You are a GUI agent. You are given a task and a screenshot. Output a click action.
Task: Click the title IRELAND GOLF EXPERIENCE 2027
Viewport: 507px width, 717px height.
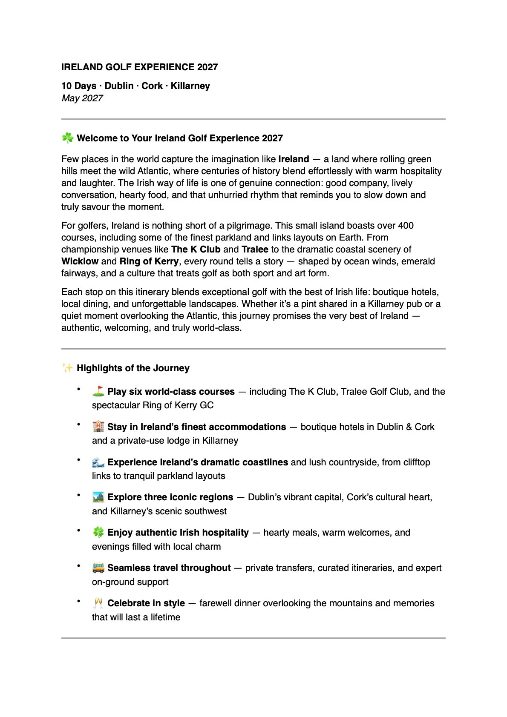point(139,67)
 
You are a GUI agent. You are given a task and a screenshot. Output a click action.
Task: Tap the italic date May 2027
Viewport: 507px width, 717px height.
point(82,98)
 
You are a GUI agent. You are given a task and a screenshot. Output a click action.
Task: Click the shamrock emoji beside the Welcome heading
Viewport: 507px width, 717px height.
point(67,138)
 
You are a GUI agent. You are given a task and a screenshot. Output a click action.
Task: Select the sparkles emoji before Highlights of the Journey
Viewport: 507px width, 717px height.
point(67,368)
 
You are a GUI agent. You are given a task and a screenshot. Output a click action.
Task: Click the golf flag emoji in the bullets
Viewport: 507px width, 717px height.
point(98,391)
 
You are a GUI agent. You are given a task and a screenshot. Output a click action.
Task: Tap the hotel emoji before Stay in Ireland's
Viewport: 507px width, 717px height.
point(98,427)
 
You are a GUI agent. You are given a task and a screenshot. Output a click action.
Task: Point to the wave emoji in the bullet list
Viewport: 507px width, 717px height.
point(98,462)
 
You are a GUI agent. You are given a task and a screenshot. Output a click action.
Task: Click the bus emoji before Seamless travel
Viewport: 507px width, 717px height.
point(98,568)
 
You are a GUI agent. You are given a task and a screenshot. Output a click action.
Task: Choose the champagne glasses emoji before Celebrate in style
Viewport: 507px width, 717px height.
point(98,603)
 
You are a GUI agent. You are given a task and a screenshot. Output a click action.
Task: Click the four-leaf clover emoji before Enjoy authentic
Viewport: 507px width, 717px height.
point(98,532)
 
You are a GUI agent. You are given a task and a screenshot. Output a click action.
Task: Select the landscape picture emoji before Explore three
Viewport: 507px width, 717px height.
point(98,497)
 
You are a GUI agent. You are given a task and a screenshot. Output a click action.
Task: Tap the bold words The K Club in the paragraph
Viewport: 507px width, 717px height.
point(196,250)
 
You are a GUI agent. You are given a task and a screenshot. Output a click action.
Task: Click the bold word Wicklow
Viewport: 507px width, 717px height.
point(80,261)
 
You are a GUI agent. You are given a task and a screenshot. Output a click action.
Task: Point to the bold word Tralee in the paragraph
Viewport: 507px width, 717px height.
point(255,250)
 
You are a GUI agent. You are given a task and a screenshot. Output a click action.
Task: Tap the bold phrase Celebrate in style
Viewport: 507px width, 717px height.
point(146,603)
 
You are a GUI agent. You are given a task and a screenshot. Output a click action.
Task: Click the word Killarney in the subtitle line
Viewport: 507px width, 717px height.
point(190,86)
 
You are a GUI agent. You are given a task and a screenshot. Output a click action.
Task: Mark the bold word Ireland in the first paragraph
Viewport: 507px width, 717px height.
point(294,159)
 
